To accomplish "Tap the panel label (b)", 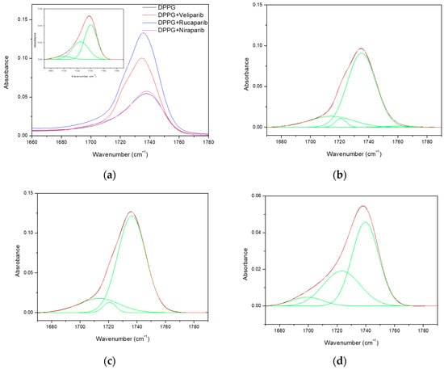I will point(335,174).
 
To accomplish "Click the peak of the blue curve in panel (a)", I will point(144,33).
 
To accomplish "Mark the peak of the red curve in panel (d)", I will point(362,206).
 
